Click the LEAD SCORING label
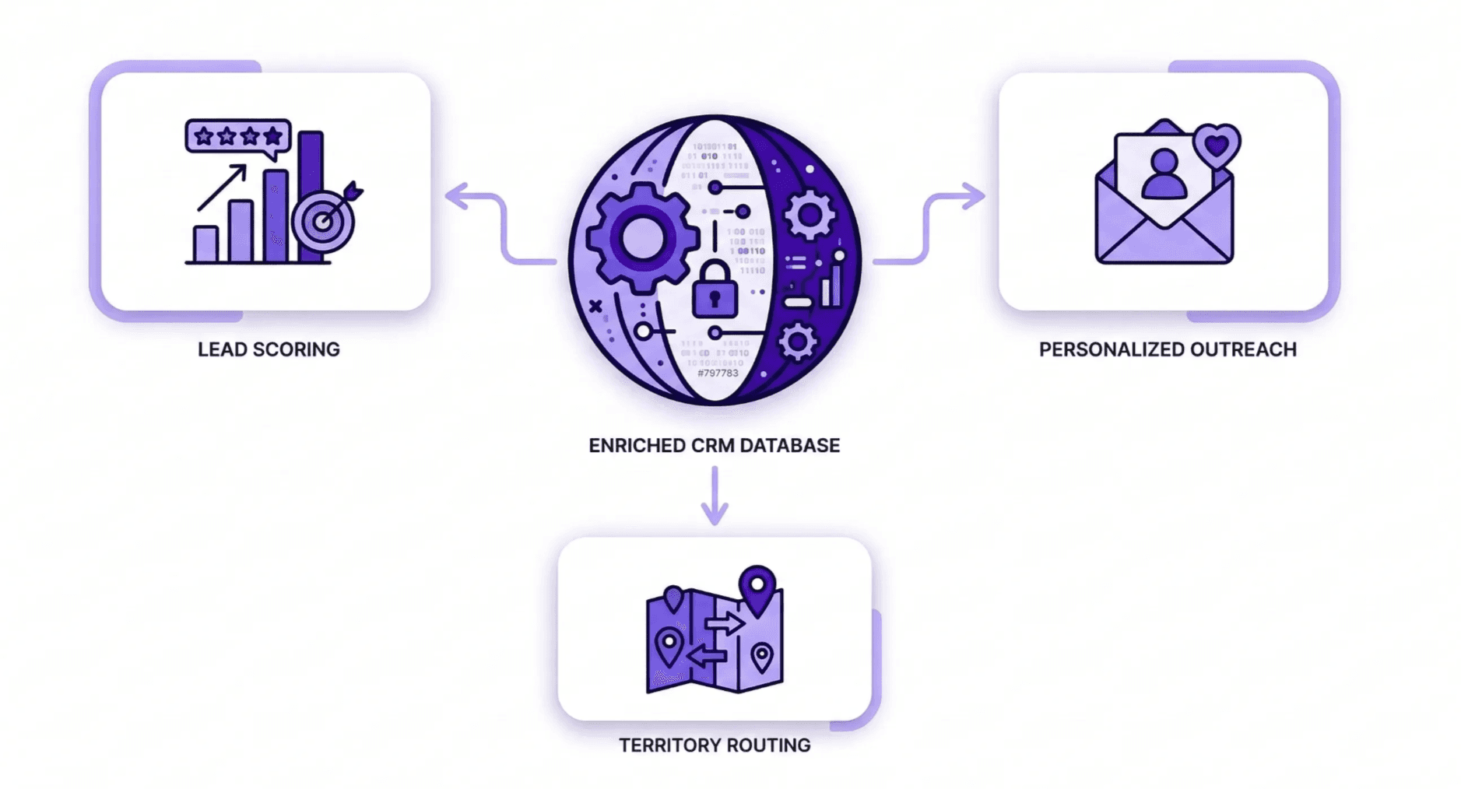[x=269, y=349]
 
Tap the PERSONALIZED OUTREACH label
[x=1168, y=349]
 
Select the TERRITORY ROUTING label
[x=715, y=745]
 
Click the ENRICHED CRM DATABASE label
[x=714, y=446]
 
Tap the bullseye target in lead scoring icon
[x=324, y=222]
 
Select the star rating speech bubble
[x=238, y=137]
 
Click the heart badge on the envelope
[x=1217, y=144]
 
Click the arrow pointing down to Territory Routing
[x=715, y=498]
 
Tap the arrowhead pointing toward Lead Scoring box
[x=458, y=196]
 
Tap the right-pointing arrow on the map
[x=725, y=623]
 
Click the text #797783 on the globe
[x=718, y=373]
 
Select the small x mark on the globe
[x=595, y=307]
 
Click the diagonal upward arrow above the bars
[x=223, y=188]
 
